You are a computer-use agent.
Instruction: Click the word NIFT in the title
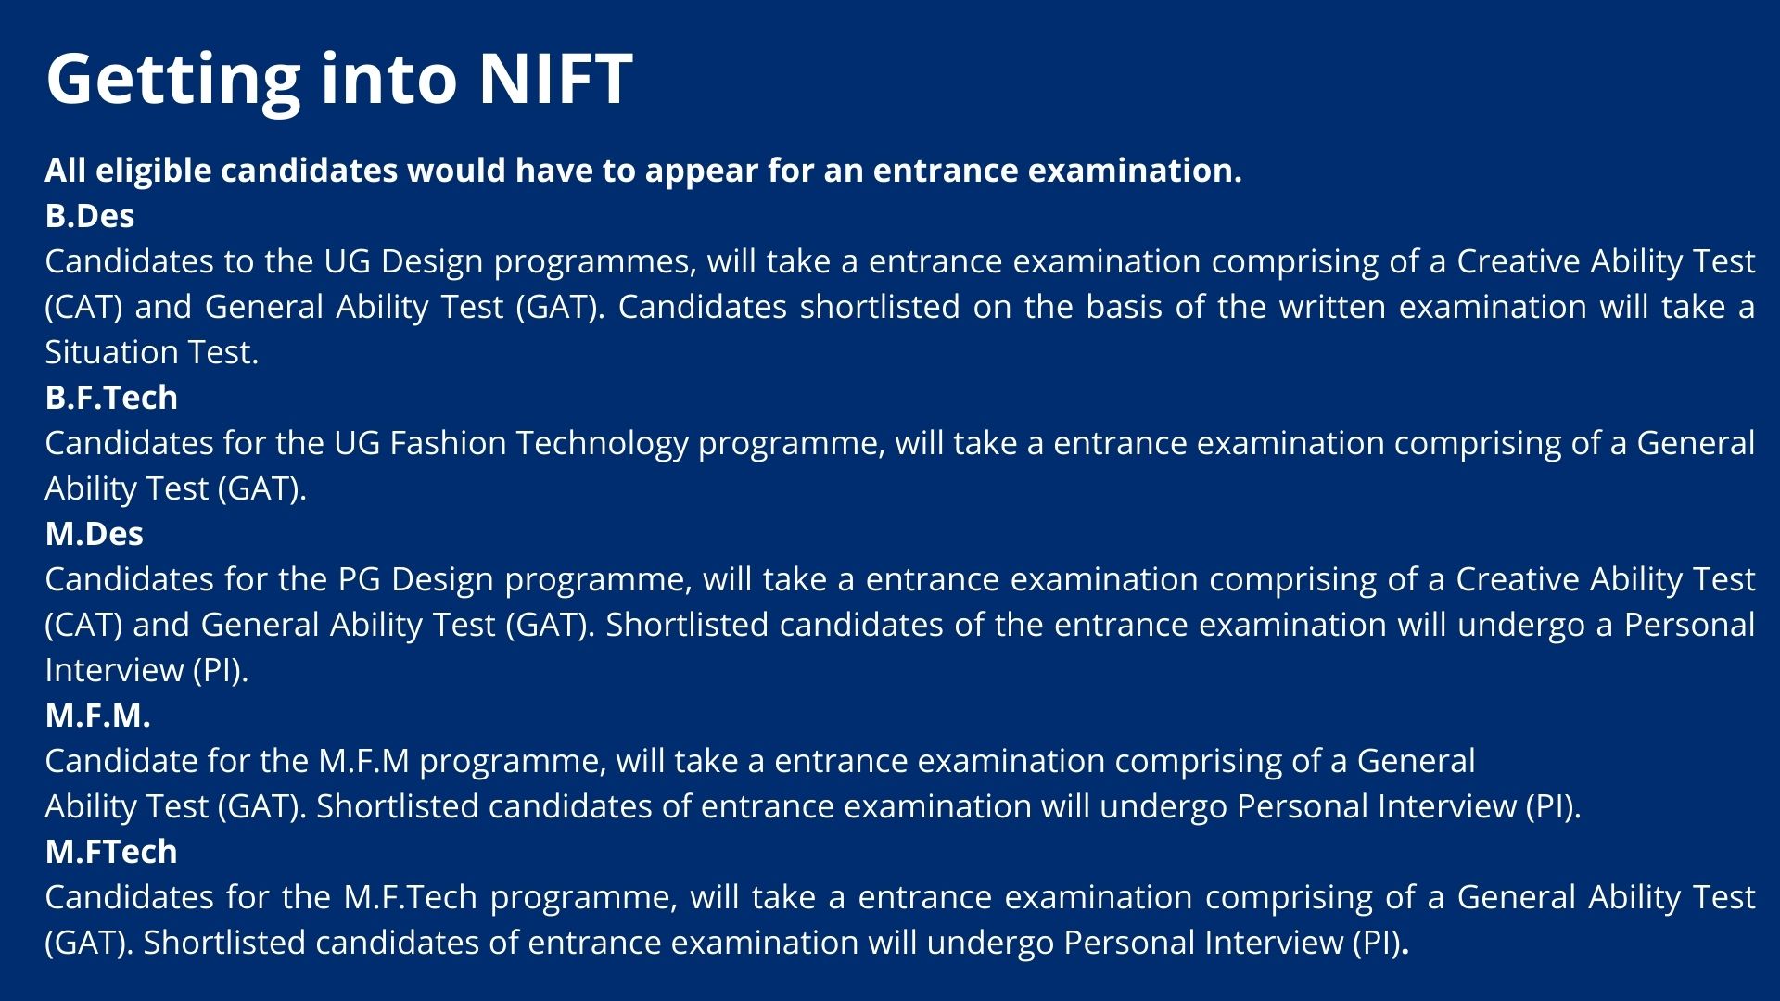point(555,78)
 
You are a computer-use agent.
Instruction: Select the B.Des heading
point(90,216)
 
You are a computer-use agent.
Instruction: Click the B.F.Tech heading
point(111,398)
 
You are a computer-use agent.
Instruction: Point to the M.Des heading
point(95,534)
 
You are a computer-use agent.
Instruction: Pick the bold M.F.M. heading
point(97,716)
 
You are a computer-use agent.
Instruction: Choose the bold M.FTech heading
point(111,852)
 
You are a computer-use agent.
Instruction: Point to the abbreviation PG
point(359,579)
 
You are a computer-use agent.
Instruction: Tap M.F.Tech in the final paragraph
point(411,897)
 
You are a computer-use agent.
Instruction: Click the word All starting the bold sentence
point(66,171)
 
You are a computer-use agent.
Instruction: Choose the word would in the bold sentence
point(456,171)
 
